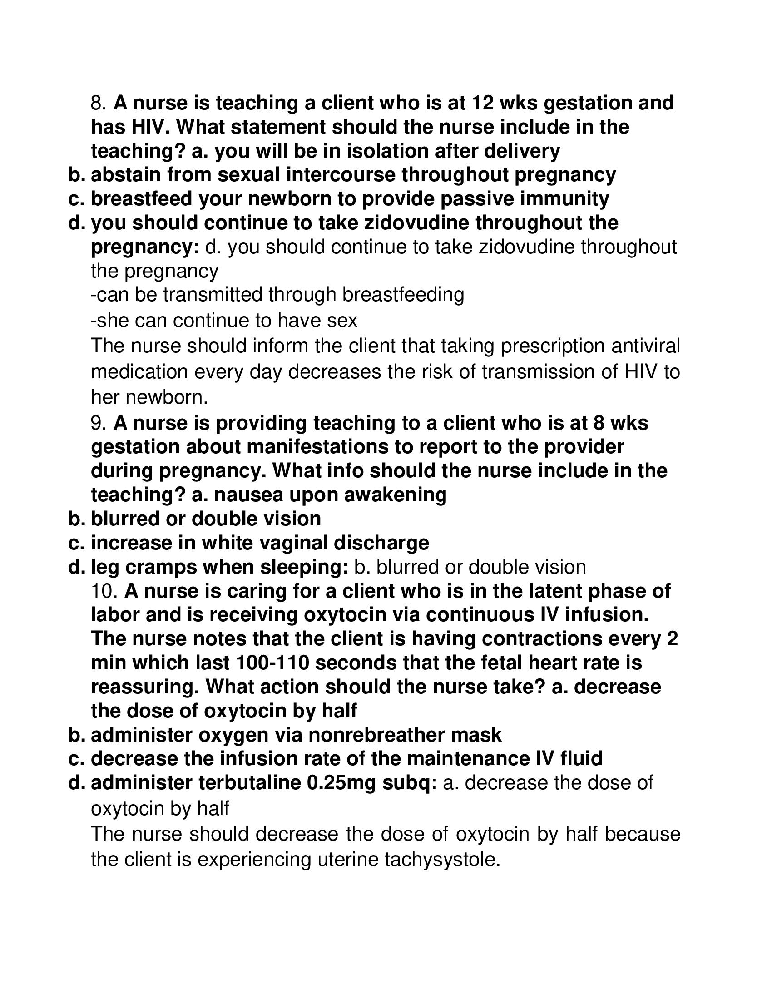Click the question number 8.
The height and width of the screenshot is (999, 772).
click(98, 103)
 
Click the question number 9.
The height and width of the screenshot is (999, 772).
click(98, 423)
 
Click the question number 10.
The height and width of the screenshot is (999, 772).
click(105, 590)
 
